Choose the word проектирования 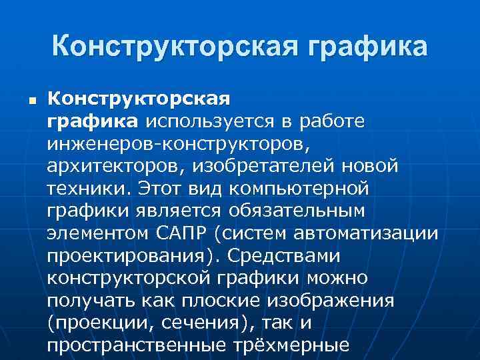133,257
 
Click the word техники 79,189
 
